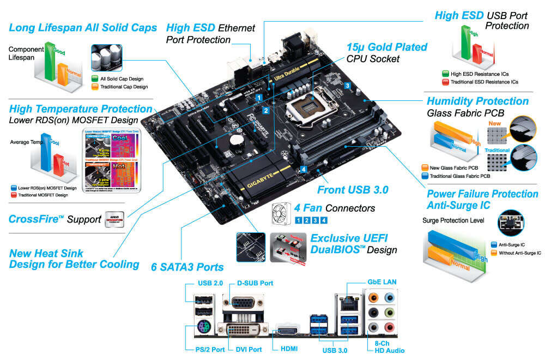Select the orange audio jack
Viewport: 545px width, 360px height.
(x=373, y=298)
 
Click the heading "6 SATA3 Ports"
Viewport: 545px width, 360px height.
(x=187, y=267)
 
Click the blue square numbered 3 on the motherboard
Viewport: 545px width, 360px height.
(x=347, y=85)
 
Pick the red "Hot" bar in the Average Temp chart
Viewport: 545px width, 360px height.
(x=60, y=167)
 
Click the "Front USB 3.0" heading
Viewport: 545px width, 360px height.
(x=353, y=190)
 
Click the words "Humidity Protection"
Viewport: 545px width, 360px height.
(x=477, y=101)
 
